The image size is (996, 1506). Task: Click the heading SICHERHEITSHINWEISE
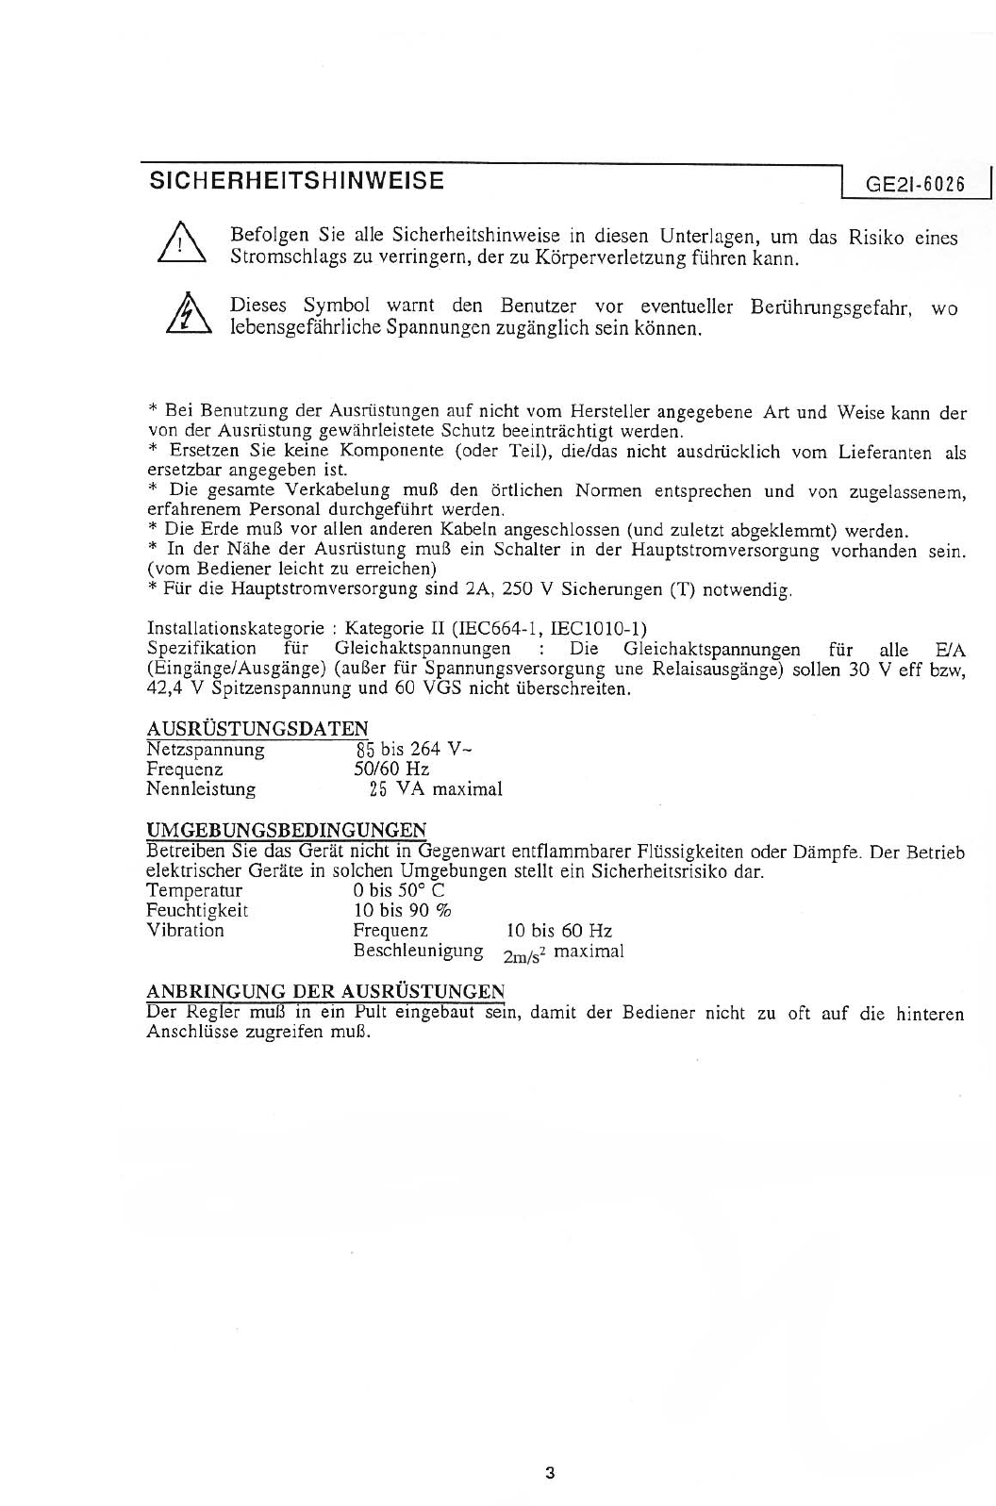coord(296,181)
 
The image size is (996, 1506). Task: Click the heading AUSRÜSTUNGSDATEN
coord(257,729)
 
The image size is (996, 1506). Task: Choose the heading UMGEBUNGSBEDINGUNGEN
coord(286,830)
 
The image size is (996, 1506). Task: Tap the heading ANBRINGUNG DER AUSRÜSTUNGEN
coord(324,991)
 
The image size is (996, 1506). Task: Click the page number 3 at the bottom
coord(550,1473)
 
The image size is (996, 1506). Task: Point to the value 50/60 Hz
coord(390,770)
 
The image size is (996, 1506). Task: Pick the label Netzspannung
coord(206,750)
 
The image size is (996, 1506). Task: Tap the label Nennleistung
coord(200,789)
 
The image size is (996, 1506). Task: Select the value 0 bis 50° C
coord(399,890)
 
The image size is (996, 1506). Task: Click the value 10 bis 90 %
coord(402,910)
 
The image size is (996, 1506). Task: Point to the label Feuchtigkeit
coord(197,910)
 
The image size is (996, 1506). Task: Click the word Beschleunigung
coord(418,951)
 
